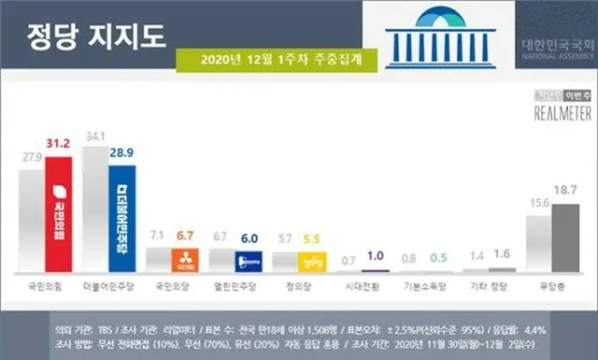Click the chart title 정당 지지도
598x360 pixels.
[90, 40]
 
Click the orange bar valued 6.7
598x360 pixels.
[185, 259]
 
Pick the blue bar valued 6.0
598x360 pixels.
[248, 261]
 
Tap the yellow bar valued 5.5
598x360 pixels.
[311, 261]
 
